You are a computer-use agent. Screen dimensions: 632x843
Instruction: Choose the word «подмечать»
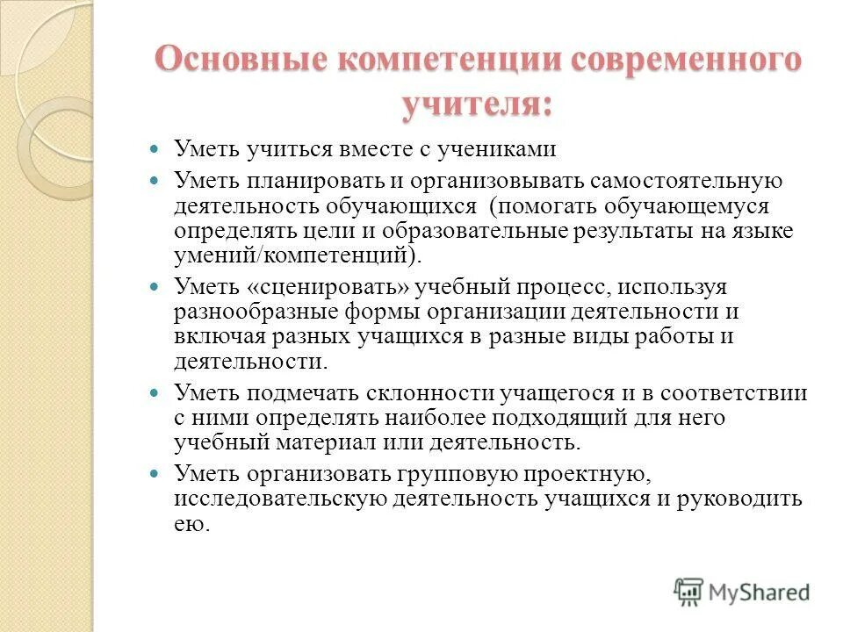[304, 392]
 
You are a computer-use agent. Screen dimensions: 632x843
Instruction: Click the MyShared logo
[742, 592]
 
